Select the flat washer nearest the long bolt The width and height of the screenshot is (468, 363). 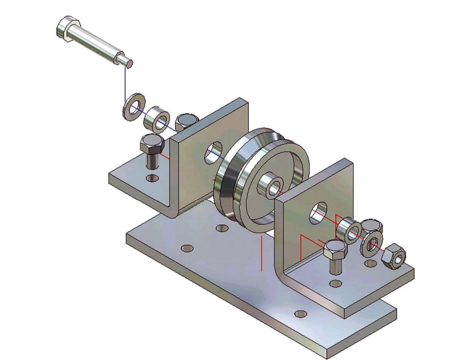click(132, 106)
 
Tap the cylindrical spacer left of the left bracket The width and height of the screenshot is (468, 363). click(157, 118)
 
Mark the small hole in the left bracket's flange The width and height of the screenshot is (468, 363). click(152, 178)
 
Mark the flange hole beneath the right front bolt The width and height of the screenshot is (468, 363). click(335, 284)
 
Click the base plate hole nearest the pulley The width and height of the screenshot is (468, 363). click(222, 228)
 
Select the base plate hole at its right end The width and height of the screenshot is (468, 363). click(300, 313)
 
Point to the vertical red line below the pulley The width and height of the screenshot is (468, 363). click(261, 253)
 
